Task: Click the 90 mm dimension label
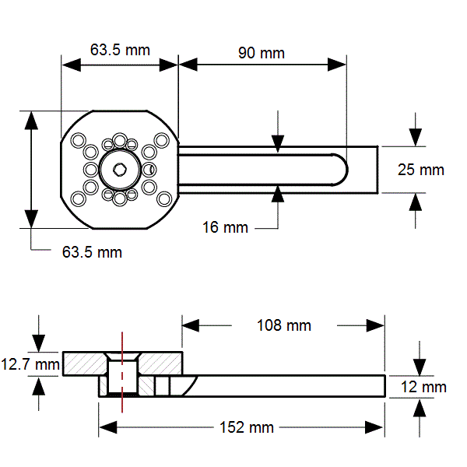click(x=262, y=53)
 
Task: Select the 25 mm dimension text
click(x=421, y=170)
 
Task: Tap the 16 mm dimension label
click(x=225, y=227)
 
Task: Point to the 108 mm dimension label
click(x=284, y=325)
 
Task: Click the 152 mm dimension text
click(x=247, y=427)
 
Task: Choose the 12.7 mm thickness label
click(x=30, y=364)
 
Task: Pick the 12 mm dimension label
click(x=423, y=387)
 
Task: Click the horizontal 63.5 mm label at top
click(x=120, y=50)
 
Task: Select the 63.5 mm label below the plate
click(x=92, y=252)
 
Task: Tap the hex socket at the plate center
click(x=120, y=170)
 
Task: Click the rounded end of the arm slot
click(x=341, y=170)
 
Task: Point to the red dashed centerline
click(x=122, y=372)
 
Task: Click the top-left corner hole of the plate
click(x=79, y=139)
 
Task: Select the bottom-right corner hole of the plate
click(x=164, y=199)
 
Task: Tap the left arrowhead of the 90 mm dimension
click(x=188, y=65)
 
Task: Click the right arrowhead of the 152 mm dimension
click(x=375, y=427)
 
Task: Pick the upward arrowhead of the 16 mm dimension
click(x=278, y=194)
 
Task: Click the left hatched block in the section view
click(x=85, y=364)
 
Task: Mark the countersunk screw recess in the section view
click(x=122, y=356)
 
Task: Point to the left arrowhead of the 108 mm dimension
click(x=191, y=325)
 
